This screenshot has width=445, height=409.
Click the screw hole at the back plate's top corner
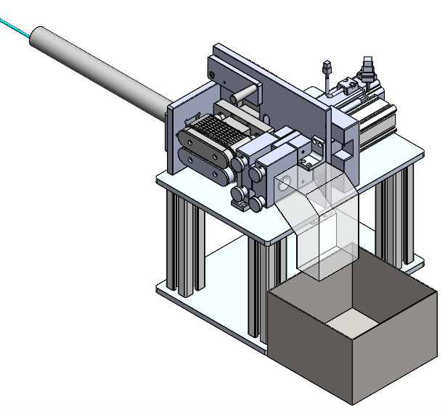point(212,75)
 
